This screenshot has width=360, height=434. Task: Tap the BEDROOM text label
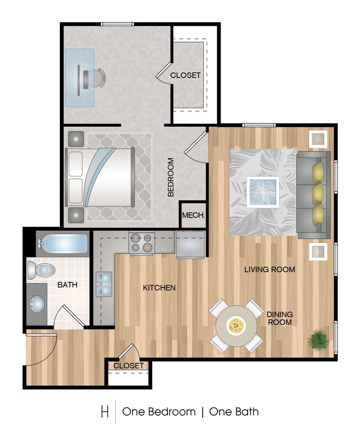click(x=171, y=177)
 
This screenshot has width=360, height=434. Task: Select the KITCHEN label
click(x=160, y=288)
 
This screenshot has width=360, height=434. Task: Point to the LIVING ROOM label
click(x=270, y=270)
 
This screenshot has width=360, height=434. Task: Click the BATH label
click(x=68, y=285)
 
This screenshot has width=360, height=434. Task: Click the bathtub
click(x=61, y=242)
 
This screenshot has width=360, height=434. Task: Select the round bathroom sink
click(x=38, y=303)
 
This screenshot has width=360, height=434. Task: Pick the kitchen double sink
click(x=104, y=285)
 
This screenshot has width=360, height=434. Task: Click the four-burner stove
click(x=140, y=243)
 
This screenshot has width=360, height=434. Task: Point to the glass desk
click(x=79, y=77)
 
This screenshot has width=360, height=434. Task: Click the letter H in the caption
click(x=104, y=412)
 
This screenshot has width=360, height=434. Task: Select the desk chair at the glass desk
click(x=95, y=77)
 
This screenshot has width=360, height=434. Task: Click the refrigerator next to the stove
click(x=191, y=244)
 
